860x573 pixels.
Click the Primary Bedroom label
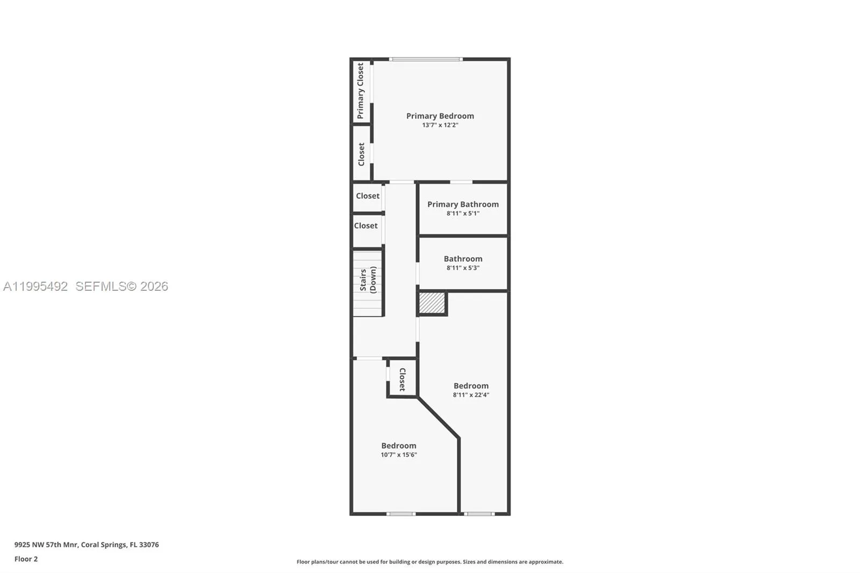(440, 116)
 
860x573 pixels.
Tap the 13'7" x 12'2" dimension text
(440, 125)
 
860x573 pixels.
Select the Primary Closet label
(361, 91)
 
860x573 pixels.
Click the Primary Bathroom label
(463, 204)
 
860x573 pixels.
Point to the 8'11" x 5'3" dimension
(463, 268)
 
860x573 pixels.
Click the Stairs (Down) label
(368, 280)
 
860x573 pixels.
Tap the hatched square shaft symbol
(432, 303)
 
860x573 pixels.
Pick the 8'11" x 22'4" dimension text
(470, 395)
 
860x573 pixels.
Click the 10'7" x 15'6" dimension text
(399, 455)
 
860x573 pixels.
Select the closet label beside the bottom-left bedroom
(402, 379)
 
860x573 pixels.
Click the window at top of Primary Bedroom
(426, 59)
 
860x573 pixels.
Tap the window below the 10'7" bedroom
(401, 514)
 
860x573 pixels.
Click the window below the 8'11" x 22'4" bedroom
(479, 514)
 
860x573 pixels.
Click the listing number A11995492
(35, 286)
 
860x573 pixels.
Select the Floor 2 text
(26, 559)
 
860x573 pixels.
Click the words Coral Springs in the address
(103, 545)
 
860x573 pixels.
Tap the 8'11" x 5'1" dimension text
(463, 213)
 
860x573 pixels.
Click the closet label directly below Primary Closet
(361, 154)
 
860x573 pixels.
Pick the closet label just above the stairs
(365, 226)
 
